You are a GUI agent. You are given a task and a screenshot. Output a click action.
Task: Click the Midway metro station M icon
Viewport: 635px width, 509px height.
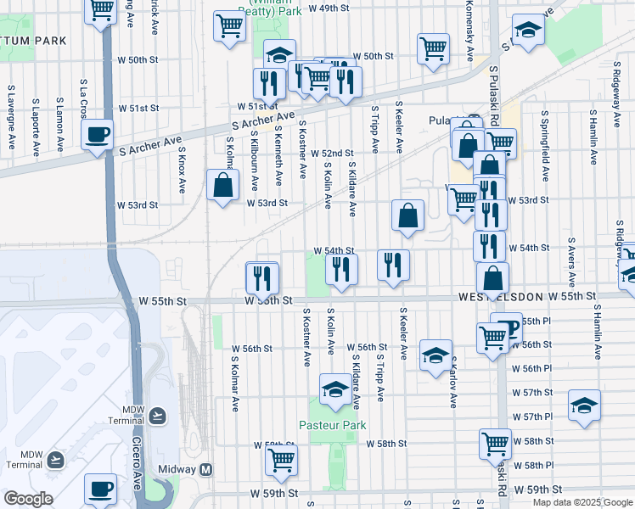click(206, 469)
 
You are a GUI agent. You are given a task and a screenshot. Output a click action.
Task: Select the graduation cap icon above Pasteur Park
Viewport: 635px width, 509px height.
click(335, 389)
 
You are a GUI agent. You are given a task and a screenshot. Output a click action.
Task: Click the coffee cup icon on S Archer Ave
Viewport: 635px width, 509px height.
click(98, 135)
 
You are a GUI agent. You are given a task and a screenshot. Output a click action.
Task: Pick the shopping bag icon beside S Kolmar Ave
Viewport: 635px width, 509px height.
click(222, 186)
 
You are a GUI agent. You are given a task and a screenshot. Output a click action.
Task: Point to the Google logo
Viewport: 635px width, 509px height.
click(27, 499)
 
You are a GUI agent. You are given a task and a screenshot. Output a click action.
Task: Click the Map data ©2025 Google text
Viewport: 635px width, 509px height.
click(582, 502)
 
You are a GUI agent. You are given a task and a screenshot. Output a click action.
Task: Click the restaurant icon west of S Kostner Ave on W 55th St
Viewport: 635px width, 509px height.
click(262, 277)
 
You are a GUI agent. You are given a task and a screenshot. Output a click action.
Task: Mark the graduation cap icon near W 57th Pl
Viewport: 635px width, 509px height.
click(584, 406)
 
